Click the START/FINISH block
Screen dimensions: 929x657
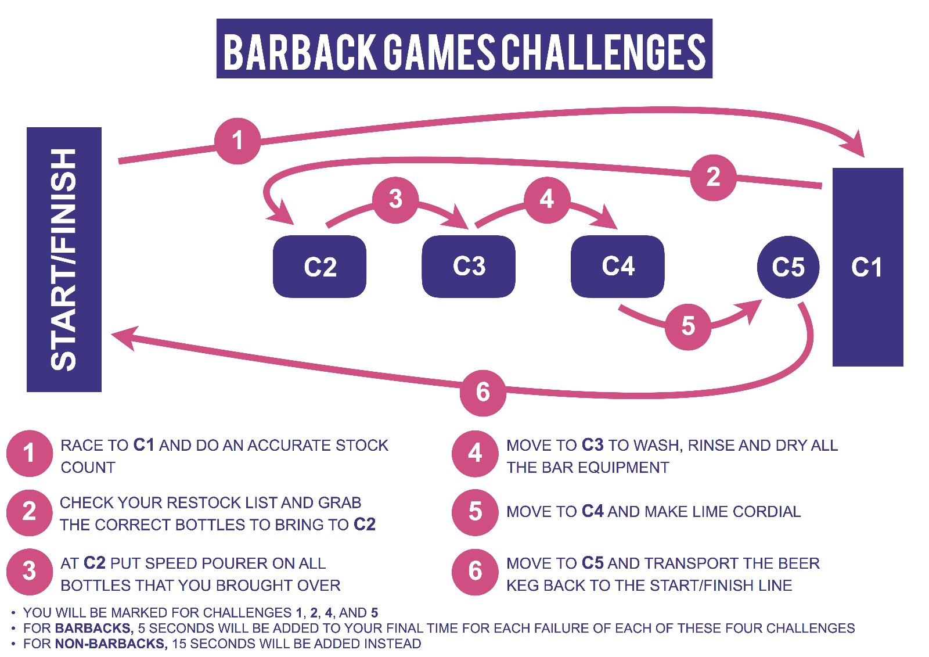pyautogui.click(x=64, y=260)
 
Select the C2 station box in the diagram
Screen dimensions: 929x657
pyautogui.click(x=319, y=267)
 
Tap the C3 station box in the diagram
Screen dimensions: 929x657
pyautogui.click(x=469, y=267)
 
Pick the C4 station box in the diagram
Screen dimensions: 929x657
pyautogui.click(x=618, y=267)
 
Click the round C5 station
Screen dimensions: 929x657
pyautogui.click(x=788, y=267)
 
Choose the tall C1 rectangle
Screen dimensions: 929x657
pyautogui.click(x=868, y=267)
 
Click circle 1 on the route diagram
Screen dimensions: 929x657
pyautogui.click(x=237, y=141)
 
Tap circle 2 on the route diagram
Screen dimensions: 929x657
pyautogui.click(x=714, y=178)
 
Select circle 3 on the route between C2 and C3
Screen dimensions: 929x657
pyautogui.click(x=395, y=200)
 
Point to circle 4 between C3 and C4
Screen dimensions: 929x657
pyautogui.click(x=547, y=200)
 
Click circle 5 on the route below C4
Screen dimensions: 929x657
pyautogui.click(x=688, y=326)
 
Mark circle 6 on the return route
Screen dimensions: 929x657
pyautogui.click(x=482, y=393)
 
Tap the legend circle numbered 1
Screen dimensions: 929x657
pyautogui.click(x=30, y=453)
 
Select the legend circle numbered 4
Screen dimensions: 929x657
pyautogui.click(x=475, y=453)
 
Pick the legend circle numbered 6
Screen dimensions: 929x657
pyautogui.click(x=475, y=572)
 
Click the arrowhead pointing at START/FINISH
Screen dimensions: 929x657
pyautogui.click(x=124, y=337)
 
